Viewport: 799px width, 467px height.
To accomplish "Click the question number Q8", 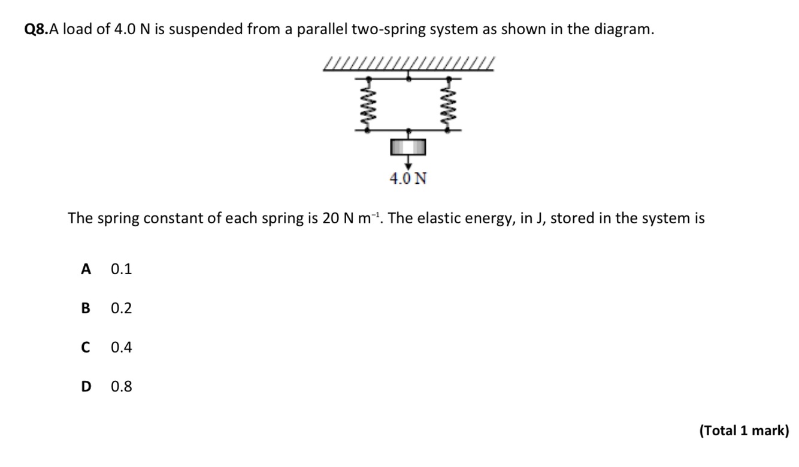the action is (x=35, y=30).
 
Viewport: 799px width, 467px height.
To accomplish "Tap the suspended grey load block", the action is (x=408, y=146).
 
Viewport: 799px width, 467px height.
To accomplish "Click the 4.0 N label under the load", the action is (x=408, y=178).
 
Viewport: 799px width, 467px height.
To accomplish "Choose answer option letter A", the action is (x=86, y=269).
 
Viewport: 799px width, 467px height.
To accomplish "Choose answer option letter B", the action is (x=86, y=308).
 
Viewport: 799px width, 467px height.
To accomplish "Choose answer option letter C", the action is (x=86, y=347).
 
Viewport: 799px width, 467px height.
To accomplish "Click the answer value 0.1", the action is (x=121, y=269).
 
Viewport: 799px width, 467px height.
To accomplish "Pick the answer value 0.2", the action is (x=121, y=308).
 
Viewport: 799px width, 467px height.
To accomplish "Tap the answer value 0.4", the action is (x=121, y=347).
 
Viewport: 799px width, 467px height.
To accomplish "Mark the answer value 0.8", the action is (x=121, y=386).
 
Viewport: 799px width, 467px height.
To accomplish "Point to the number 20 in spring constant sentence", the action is (x=331, y=218).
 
